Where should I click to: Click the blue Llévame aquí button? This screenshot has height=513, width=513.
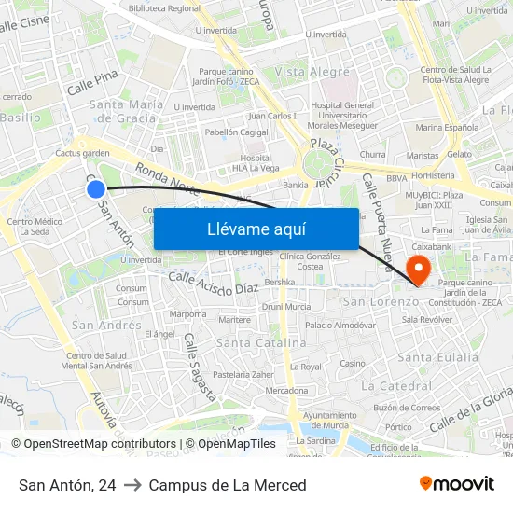coord(256,229)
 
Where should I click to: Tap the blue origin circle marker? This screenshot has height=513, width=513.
coord(96,189)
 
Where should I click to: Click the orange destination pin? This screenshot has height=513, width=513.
coord(419,271)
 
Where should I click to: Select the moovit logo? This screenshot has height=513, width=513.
coord(456,484)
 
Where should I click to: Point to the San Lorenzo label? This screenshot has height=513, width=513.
coord(381,302)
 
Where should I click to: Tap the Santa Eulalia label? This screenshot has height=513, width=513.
coord(437,357)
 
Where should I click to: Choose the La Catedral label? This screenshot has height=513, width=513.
coord(395,385)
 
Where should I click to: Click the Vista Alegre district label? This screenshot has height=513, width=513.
coord(312,72)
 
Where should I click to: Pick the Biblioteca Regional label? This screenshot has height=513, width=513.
coord(164,8)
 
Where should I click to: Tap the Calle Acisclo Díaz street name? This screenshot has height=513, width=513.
coord(214,282)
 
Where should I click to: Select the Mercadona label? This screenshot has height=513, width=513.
coord(286,391)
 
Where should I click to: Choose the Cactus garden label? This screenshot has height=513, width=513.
coord(83,153)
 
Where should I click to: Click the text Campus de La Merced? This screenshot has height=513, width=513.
coord(228,485)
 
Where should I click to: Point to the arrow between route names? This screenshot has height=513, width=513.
coord(132,485)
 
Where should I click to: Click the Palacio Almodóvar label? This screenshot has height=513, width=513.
coord(340,326)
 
